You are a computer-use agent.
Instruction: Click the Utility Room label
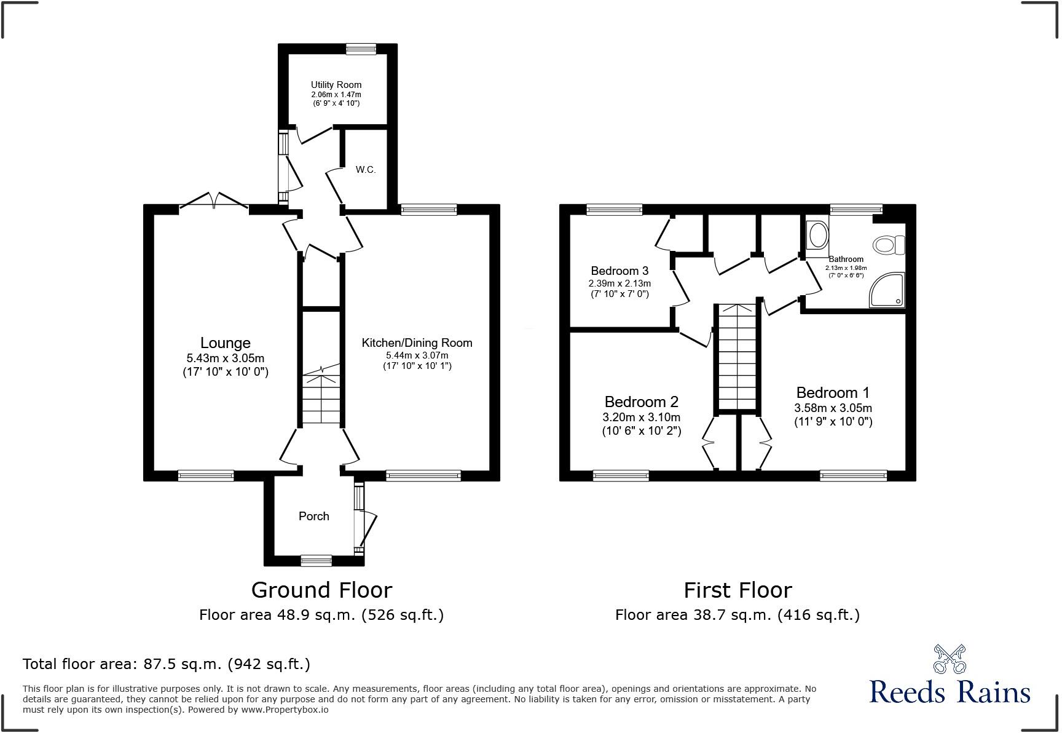[x=336, y=85]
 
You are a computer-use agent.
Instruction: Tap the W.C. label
[x=365, y=170]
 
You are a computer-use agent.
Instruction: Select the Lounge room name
[x=226, y=343]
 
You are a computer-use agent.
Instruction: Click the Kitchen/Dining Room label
[x=417, y=343]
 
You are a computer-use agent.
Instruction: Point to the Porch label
[x=314, y=517]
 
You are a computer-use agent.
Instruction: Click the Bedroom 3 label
[x=619, y=271]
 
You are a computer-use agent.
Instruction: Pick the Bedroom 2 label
[x=642, y=402]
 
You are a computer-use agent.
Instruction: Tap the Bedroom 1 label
[x=833, y=392]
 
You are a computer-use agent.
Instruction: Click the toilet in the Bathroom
[x=889, y=245]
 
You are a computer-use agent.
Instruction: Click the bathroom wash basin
[x=817, y=236]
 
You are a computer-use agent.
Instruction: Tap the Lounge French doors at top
[x=214, y=201]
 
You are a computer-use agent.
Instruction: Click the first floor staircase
[x=737, y=357]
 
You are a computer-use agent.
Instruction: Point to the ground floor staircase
[x=321, y=394]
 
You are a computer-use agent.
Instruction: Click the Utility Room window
[x=361, y=49]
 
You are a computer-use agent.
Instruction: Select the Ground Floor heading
[x=321, y=590]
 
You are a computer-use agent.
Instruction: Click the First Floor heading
[x=737, y=590]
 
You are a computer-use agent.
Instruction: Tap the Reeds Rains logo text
[x=950, y=692]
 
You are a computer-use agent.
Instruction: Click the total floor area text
[x=167, y=664]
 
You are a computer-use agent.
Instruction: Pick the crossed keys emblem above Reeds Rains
[x=949, y=659]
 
